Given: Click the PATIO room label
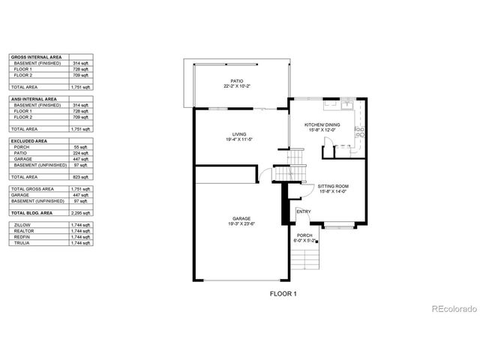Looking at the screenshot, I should coord(237,81).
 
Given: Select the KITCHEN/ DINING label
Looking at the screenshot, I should coord(322,125).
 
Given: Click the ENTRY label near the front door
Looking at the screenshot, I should coord(304,211).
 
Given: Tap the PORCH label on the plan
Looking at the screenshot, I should coord(304,235).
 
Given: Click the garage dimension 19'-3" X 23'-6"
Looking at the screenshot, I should coord(241,224).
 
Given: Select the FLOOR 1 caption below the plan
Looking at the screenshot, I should coord(283,294).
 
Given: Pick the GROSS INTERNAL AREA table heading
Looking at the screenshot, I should coord(34,57).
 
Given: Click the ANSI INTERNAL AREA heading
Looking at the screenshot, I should coord(34,99).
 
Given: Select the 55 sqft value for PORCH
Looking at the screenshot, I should coord(80,147).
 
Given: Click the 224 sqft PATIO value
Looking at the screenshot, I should coord(80,153).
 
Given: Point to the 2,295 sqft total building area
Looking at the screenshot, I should coord(80,214).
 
